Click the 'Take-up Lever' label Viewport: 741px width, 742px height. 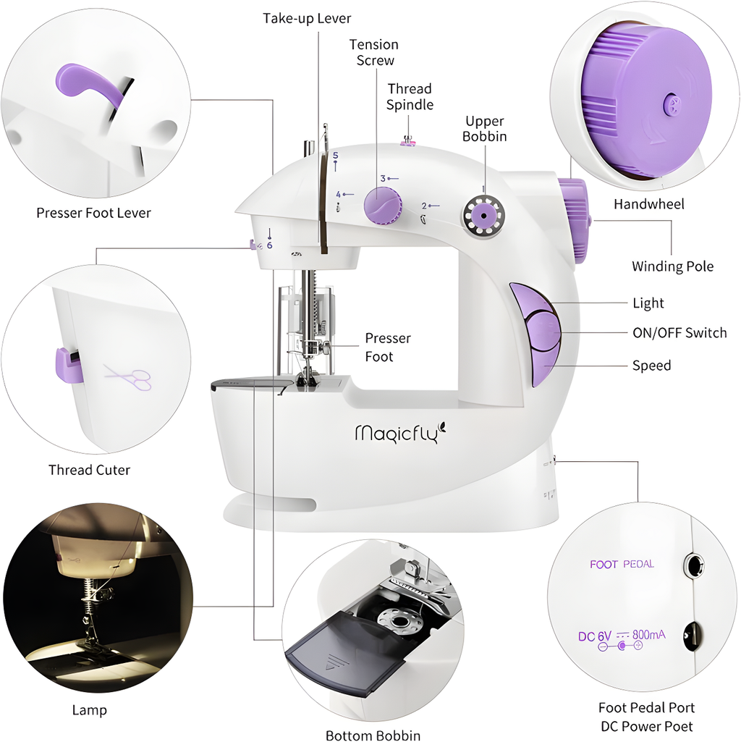pyautogui.click(x=306, y=18)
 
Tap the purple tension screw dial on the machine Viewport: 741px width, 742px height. pyautogui.click(x=383, y=205)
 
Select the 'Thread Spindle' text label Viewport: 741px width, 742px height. pyautogui.click(x=409, y=97)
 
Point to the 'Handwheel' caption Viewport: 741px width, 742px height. pyautogui.click(x=648, y=204)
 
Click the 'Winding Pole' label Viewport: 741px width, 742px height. pyautogui.click(x=672, y=266)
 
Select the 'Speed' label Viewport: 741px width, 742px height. pyautogui.click(x=651, y=366)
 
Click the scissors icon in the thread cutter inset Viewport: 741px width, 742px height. pyautogui.click(x=128, y=376)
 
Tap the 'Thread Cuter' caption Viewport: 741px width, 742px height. pyautogui.click(x=89, y=470)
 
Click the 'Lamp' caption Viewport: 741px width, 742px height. pyautogui.click(x=89, y=710)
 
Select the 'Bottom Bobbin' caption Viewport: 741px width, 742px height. pyautogui.click(x=373, y=735)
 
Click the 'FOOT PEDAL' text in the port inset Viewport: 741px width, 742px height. pyautogui.click(x=622, y=564)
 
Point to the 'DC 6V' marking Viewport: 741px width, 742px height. pyautogui.click(x=595, y=636)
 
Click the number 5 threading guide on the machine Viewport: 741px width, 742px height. pyautogui.click(x=335, y=156)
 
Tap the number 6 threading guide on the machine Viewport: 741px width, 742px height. pyautogui.click(x=269, y=245)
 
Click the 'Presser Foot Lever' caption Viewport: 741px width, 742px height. pyautogui.click(x=93, y=213)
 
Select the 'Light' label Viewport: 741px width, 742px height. pyautogui.click(x=648, y=303)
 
